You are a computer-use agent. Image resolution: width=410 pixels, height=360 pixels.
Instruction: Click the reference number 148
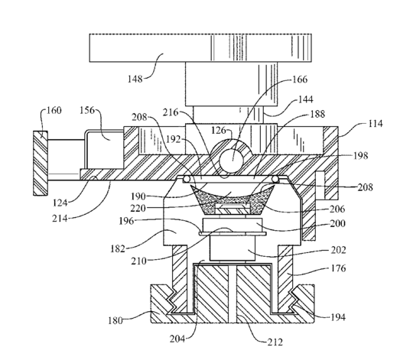[x=135, y=79]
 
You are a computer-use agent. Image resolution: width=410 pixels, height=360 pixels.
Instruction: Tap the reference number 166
[x=300, y=79]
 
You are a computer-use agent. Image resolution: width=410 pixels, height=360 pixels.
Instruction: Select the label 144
[x=305, y=99]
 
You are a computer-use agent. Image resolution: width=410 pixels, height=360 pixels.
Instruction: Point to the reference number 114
[x=376, y=124]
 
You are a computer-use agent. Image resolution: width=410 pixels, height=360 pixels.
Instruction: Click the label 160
[x=54, y=110]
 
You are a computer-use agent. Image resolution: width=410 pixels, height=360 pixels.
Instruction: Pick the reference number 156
[x=87, y=110]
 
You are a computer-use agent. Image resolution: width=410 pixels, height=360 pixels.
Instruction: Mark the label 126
[x=219, y=130]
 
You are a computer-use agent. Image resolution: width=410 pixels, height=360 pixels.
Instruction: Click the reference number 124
[x=60, y=203]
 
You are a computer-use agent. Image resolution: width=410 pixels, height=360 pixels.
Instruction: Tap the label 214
[x=60, y=218]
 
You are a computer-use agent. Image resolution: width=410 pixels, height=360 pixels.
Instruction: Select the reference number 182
[x=118, y=248]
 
